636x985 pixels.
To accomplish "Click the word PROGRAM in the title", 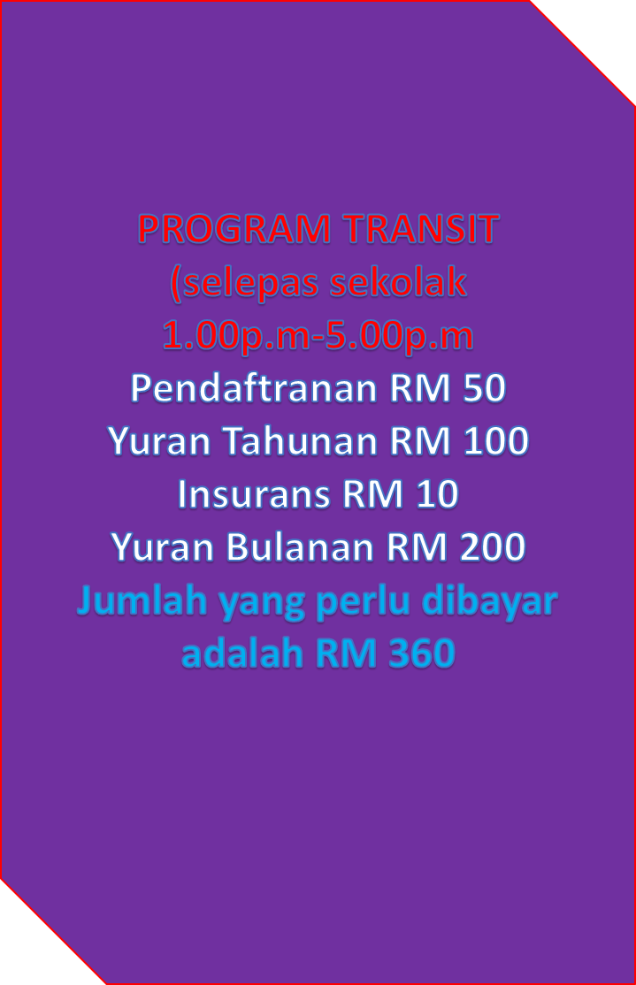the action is [234, 229].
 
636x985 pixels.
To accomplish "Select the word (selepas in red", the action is [244, 283].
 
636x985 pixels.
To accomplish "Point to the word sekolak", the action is [398, 282].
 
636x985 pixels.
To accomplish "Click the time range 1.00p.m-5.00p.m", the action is [318, 336].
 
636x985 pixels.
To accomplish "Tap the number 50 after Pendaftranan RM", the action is [484, 388].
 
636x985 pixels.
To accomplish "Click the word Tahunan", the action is [300, 440].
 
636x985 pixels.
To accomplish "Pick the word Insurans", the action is [254, 493].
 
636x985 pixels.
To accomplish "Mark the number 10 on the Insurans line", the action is [437, 494].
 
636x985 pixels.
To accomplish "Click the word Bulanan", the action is [298, 546].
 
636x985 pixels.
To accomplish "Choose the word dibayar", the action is [489, 602].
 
